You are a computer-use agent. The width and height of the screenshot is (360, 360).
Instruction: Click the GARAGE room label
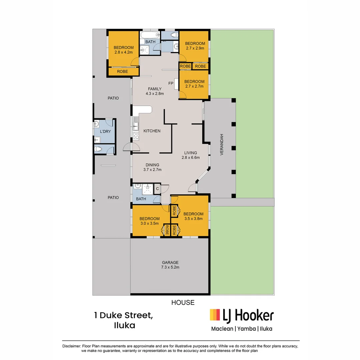tap(170, 262)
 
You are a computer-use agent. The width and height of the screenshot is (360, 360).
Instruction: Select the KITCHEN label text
tap(152, 131)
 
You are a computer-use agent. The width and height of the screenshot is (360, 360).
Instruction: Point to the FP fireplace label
tap(171, 83)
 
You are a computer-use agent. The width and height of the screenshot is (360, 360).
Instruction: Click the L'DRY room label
tap(105, 131)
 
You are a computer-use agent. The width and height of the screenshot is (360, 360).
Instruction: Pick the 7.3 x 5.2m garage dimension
tap(170, 267)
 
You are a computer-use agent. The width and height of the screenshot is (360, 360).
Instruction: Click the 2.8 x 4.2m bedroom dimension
tap(124, 52)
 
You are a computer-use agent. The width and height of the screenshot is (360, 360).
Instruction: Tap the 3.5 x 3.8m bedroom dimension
tap(193, 219)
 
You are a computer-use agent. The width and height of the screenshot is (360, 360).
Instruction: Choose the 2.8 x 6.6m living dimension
tap(191, 158)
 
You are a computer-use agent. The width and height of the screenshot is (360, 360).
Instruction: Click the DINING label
tap(152, 165)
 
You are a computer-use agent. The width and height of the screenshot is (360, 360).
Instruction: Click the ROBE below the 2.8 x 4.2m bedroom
tap(122, 71)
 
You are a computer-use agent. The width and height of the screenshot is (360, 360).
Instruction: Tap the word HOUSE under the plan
tap(183, 303)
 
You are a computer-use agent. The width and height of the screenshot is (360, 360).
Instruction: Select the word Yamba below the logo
tap(247, 329)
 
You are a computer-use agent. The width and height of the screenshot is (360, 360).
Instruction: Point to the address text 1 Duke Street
tap(123, 315)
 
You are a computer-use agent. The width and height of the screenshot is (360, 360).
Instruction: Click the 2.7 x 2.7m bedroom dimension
tap(194, 86)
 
